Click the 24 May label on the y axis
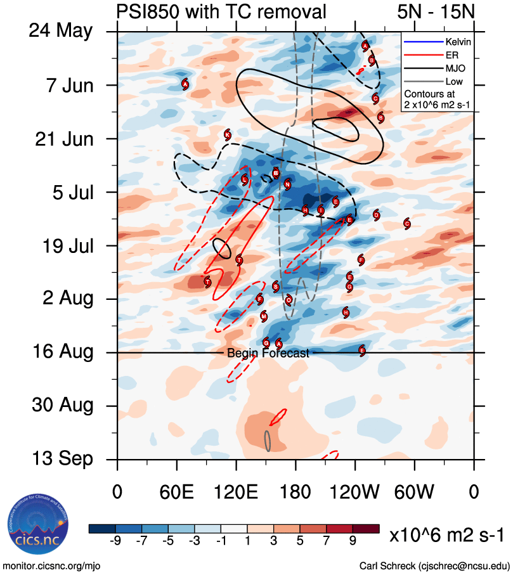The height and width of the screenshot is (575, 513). click(x=60, y=31)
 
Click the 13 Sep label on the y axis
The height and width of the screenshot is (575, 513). click(x=62, y=458)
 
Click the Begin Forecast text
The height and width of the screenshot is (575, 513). click(x=268, y=353)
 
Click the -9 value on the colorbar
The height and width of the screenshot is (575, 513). click(x=115, y=540)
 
